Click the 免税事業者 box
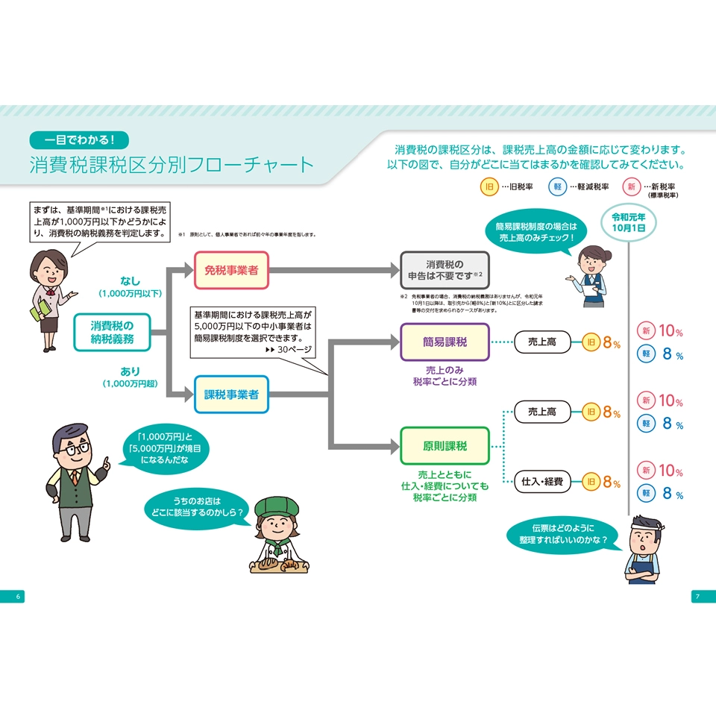coord(231,270)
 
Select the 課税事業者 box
coord(231,395)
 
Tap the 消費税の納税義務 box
coord(112,333)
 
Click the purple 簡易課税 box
coord(445,342)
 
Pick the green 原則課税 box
coord(445,446)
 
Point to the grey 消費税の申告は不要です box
coord(445,270)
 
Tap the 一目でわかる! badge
coord(79,139)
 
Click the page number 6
coord(18,596)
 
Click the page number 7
coord(697,596)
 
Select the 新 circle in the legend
coord(631,187)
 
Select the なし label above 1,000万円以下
coord(130,281)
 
